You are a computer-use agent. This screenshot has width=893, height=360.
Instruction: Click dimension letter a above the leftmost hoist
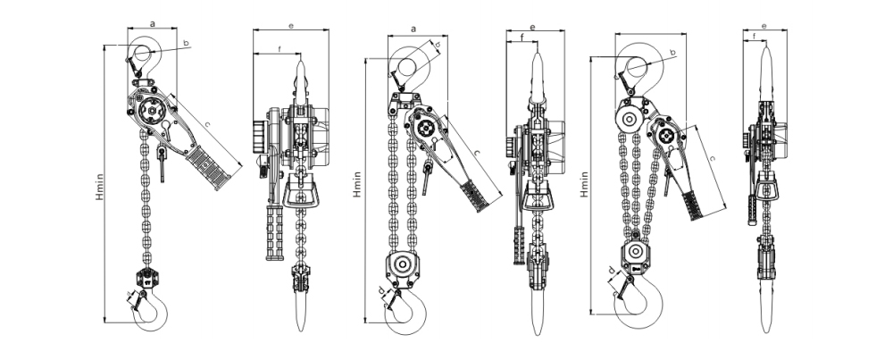pyautogui.click(x=153, y=24)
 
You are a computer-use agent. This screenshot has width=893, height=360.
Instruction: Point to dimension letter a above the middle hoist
pyautogui.click(x=413, y=29)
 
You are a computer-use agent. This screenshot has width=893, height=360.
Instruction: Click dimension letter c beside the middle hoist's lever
pyautogui.click(x=476, y=154)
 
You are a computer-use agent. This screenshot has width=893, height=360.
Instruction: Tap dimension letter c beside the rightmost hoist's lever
pyautogui.click(x=711, y=157)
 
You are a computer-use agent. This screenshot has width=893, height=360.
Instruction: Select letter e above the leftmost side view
pyautogui.click(x=290, y=24)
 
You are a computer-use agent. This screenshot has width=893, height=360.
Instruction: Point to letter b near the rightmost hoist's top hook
pyautogui.click(x=672, y=54)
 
